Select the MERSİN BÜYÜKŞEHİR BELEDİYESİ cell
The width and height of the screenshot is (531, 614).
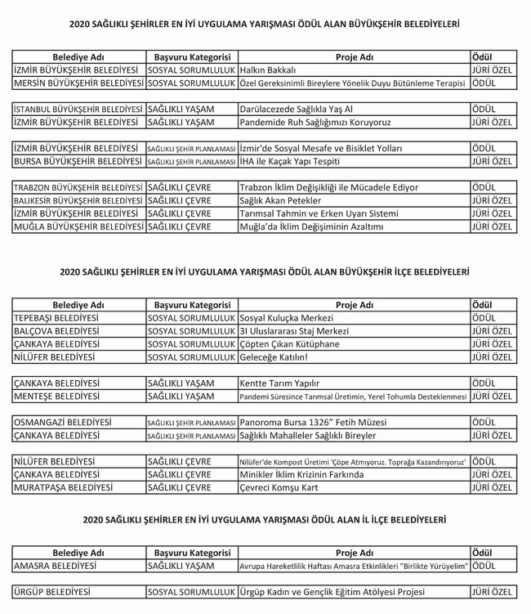(78, 83)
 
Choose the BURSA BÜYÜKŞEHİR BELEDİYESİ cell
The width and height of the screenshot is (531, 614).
(78, 161)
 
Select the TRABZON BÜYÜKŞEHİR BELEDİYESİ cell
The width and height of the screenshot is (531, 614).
(78, 187)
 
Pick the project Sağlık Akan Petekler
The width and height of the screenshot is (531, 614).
(280, 200)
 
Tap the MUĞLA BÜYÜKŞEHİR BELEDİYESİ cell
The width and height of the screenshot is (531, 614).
(78, 226)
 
